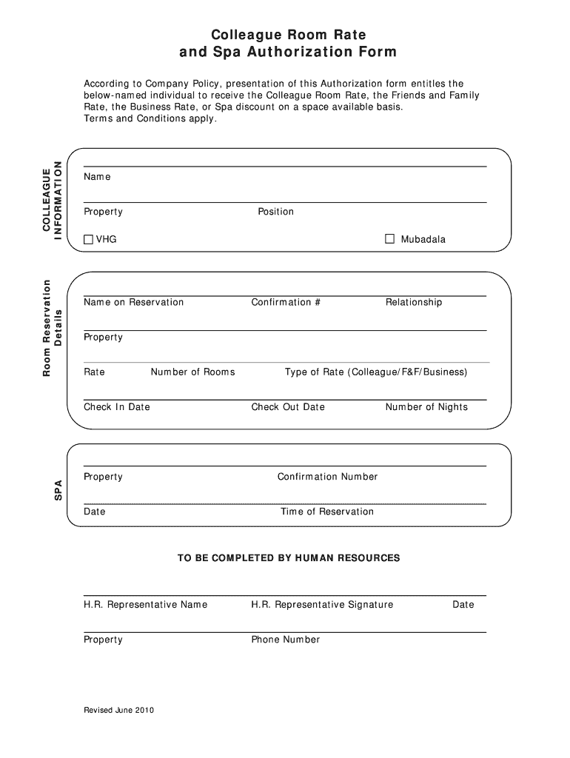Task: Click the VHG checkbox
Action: point(89,239)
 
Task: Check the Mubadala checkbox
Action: point(390,238)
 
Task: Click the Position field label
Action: point(275,212)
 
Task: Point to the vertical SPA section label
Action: point(58,490)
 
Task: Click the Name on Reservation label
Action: point(133,302)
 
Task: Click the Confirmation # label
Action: point(286,302)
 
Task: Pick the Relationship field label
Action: point(413,302)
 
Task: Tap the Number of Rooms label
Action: point(192,372)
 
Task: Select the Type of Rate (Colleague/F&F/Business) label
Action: point(376,372)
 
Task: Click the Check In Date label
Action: point(117,407)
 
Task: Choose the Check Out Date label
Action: point(288,407)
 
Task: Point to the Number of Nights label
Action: point(426,407)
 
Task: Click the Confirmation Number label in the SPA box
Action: point(327,477)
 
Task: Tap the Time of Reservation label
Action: point(327,512)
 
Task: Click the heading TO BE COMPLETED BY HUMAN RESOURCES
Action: point(288,557)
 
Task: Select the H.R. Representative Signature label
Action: point(322,605)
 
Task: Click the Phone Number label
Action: point(286,640)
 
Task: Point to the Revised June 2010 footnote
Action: point(118,710)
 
